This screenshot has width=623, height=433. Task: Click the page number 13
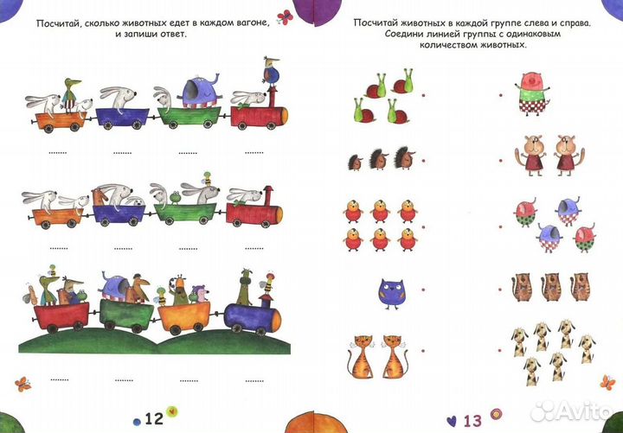point(472,420)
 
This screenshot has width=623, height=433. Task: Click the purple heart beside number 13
point(451,421)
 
